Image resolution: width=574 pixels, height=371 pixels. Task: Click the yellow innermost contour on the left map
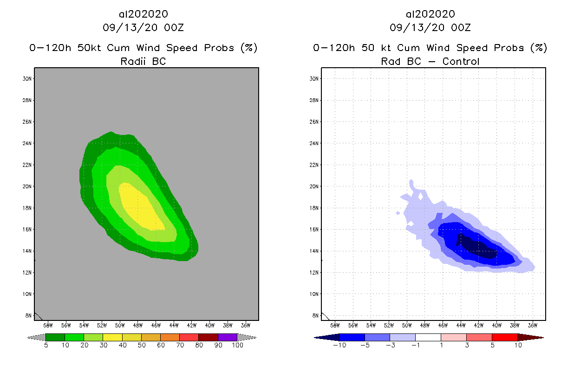pos(139,206)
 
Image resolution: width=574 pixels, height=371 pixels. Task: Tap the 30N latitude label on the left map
pos(27,79)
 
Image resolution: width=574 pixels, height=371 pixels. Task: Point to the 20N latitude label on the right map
pos(314,186)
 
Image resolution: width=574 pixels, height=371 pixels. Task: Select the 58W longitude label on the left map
pos(48,325)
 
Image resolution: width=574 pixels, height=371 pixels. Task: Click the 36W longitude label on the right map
pos(533,325)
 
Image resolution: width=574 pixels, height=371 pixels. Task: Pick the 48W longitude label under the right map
pos(424,325)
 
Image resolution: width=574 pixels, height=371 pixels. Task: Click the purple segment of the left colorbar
pos(228,337)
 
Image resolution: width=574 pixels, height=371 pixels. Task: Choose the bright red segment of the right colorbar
pos(504,337)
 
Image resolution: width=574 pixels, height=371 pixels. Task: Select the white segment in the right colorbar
pos(428,337)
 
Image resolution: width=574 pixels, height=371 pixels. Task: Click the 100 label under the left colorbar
pos(237,345)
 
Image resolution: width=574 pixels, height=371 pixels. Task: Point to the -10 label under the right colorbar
pos(339,345)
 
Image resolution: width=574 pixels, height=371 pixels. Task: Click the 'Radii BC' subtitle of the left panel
pos(143,61)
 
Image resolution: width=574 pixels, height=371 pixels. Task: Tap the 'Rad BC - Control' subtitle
pos(430,61)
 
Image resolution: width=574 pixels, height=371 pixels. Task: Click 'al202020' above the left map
pos(143,14)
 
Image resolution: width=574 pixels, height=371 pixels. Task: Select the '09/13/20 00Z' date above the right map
pos(430,28)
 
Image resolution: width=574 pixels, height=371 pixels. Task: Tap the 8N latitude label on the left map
pos(28,316)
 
